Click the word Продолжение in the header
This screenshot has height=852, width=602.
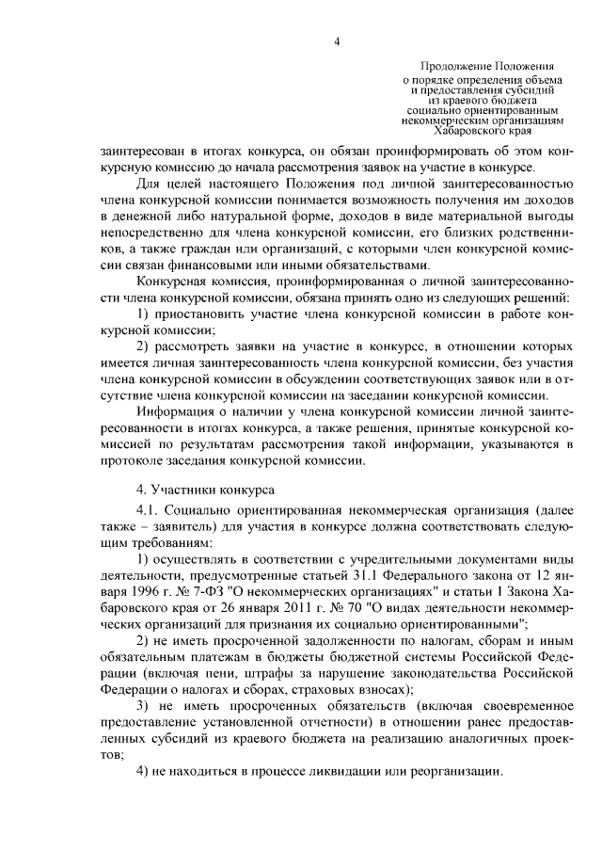[452, 68]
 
